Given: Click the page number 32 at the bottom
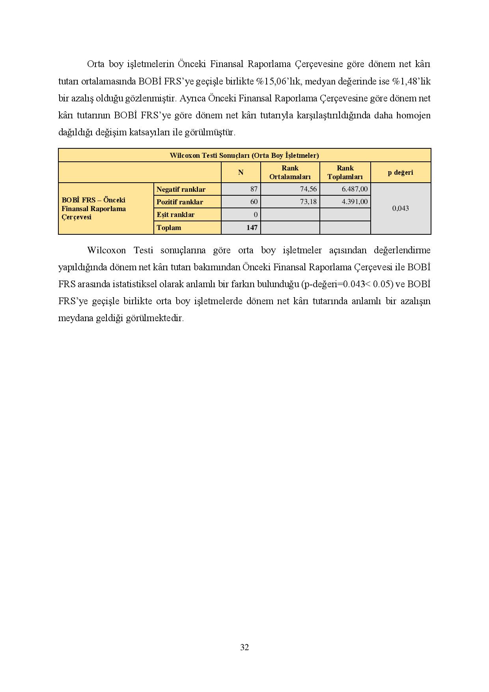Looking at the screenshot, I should (x=244, y=647).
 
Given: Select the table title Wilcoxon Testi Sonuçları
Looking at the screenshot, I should (x=244, y=155).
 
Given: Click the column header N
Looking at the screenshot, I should (x=241, y=172).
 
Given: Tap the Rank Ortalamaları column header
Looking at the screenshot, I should (x=290, y=172).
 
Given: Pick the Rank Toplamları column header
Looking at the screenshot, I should (x=345, y=172).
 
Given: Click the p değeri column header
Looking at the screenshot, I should (x=400, y=172).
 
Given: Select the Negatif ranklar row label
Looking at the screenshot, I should (x=181, y=189).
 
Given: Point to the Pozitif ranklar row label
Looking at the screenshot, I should (x=180, y=202).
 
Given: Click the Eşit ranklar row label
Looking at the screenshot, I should (x=175, y=215).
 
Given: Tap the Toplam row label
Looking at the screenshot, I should (x=169, y=228).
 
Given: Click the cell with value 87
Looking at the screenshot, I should (x=254, y=189).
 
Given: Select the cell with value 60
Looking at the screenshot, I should (x=254, y=202).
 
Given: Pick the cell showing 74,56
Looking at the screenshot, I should (x=308, y=189).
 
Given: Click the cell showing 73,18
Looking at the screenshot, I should (x=308, y=202).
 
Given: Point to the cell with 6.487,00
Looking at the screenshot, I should (x=355, y=189).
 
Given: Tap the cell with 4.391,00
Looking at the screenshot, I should (x=355, y=202).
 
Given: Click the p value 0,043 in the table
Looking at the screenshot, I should (x=400, y=208).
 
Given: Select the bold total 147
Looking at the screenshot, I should (x=252, y=228).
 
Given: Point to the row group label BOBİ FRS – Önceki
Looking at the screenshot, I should (x=93, y=200).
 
